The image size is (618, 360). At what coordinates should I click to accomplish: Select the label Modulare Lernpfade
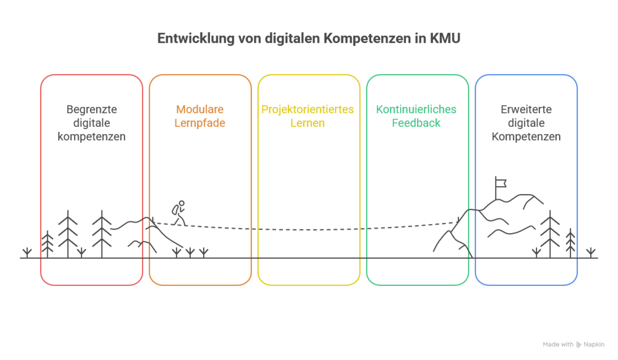click(x=200, y=117)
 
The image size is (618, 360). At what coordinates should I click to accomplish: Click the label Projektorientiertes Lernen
click(x=308, y=117)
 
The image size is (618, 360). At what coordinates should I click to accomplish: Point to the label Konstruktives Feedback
click(x=417, y=117)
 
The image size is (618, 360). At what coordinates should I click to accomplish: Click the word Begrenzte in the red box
click(x=92, y=110)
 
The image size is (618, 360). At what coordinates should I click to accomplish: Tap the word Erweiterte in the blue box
click(x=526, y=110)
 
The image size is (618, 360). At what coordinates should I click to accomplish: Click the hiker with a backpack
click(x=178, y=213)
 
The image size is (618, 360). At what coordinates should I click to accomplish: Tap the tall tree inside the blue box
click(x=550, y=233)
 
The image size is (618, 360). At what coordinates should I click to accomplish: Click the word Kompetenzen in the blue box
click(x=526, y=137)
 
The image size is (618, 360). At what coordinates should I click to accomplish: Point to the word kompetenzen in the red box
click(x=92, y=137)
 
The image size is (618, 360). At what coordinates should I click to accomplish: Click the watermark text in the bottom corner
click(x=573, y=345)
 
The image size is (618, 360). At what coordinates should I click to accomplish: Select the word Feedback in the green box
click(x=417, y=123)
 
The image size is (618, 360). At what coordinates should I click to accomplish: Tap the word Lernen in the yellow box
click(x=308, y=123)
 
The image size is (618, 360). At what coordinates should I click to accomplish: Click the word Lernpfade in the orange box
click(x=200, y=123)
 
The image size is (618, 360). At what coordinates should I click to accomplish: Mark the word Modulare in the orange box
click(x=200, y=110)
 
